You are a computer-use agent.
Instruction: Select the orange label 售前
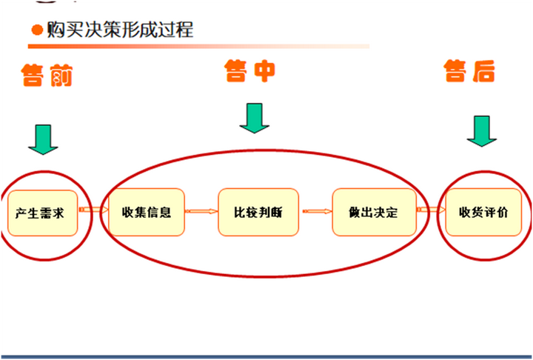tap(47, 75)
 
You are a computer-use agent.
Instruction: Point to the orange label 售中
tap(249, 71)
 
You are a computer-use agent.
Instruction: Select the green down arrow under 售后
tap(482, 131)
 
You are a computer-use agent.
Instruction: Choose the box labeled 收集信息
tap(146, 213)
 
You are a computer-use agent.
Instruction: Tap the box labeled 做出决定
tap(373, 213)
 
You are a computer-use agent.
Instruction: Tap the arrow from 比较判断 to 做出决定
tap(317, 212)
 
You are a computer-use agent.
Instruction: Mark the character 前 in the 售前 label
tap(61, 75)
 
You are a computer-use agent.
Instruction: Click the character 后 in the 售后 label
tap(483, 72)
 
